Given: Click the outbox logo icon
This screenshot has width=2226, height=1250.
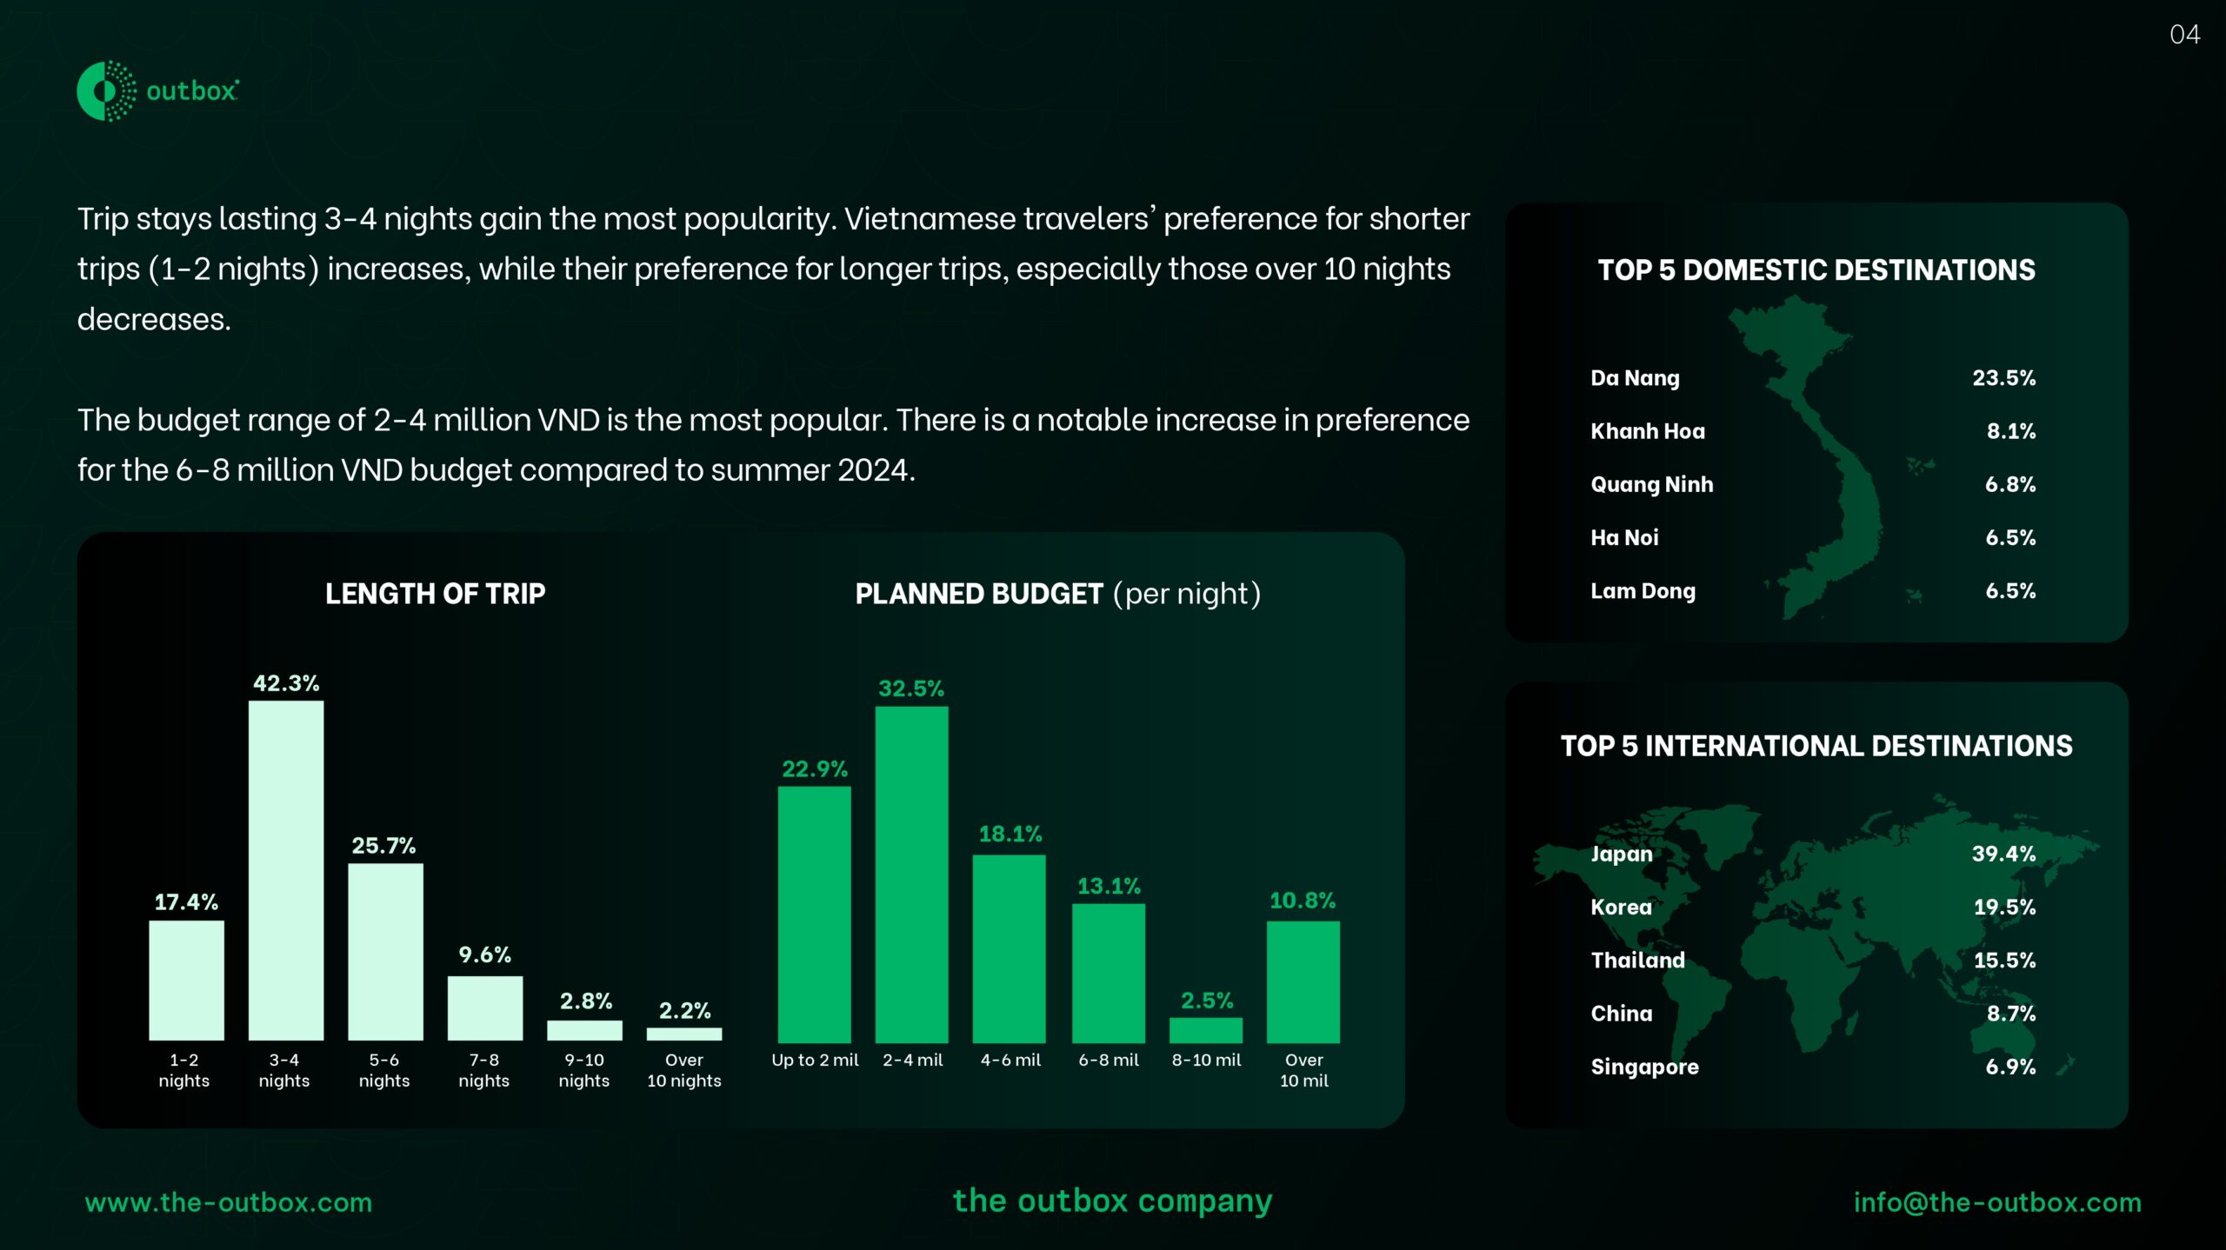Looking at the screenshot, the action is point(106,90).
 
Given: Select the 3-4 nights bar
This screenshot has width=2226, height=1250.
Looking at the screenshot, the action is point(286,870).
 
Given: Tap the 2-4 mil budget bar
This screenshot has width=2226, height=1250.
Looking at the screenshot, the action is point(911,874).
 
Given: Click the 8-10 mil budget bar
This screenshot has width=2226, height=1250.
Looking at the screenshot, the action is point(1206,1030).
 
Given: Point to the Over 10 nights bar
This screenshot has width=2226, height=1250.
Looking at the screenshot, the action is point(684,1034).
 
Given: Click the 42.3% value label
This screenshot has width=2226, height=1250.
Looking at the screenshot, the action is point(286,683).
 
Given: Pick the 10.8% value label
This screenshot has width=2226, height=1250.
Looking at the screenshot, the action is point(1303,901).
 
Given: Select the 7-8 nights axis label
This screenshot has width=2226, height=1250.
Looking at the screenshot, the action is point(484,1070).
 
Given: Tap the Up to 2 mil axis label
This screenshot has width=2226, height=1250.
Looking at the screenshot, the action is point(815,1060).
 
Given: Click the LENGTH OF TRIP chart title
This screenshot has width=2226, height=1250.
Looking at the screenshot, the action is point(435,594).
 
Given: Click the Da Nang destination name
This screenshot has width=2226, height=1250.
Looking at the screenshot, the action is point(1635,378).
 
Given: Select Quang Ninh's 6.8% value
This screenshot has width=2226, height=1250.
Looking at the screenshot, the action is point(2010,484).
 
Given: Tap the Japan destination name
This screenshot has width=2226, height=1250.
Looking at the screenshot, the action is point(1622,854).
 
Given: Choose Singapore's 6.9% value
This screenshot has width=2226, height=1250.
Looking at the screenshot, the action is point(2010,1067).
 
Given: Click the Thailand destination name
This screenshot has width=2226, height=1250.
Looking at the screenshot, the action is point(1638,960).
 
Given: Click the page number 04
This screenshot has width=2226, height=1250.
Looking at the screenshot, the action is point(2184,35).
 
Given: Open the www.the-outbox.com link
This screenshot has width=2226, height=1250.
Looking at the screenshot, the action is point(229,1202).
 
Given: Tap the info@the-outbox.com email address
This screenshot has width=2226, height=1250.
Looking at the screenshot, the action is point(1997,1202).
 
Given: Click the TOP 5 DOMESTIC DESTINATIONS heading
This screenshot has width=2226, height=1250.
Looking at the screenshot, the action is point(1816,269).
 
